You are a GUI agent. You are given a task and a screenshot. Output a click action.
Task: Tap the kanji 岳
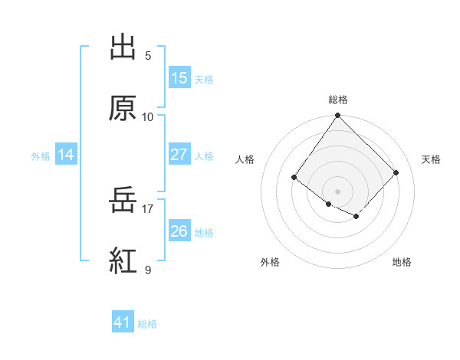pos(123,201)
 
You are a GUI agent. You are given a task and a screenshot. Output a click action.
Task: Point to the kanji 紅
pos(123,261)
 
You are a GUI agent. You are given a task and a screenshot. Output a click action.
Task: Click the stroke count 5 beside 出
pos(147,56)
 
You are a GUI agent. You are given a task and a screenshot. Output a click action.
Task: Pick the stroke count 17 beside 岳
pos(147,208)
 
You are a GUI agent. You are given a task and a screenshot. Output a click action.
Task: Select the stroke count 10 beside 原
pos(147,116)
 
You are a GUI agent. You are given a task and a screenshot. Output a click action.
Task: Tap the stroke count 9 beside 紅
pos(147,270)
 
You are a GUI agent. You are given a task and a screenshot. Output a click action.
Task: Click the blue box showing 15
pos(179,78)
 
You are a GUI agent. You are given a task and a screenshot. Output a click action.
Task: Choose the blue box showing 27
pos(179,155)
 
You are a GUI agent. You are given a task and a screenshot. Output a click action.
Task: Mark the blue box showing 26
pos(179,231)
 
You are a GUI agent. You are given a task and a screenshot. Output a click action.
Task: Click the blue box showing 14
pos(66,155)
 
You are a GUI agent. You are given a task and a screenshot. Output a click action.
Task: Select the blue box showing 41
pos(123,323)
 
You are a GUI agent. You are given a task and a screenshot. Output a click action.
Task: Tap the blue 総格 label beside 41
pos(147,324)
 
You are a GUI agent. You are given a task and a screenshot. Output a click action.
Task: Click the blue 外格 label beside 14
pos(41,156)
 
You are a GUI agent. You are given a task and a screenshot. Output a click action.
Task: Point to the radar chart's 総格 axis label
pos(337,100)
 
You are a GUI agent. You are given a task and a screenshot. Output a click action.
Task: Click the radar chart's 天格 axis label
pos(431,159)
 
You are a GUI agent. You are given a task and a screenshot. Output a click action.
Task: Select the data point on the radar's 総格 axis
pos(337,116)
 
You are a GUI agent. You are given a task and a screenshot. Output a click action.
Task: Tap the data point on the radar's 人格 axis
pos(294,178)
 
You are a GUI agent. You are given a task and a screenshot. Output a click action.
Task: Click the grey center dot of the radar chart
pos(337,191)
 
